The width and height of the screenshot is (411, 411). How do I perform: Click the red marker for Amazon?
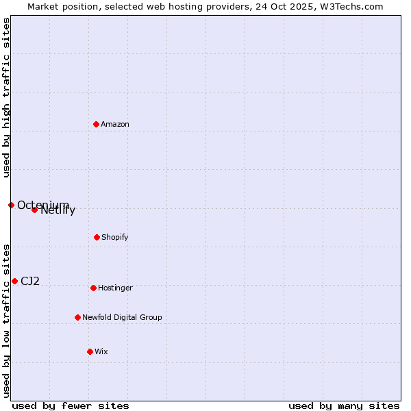tap(96, 124)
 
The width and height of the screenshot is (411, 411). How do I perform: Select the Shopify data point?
tap(97, 237)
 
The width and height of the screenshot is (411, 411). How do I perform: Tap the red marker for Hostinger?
tap(93, 288)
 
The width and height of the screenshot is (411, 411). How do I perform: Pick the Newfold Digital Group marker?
tap(77, 317)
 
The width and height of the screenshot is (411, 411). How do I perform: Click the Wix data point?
tap(90, 351)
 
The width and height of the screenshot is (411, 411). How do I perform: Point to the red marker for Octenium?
tap(11, 205)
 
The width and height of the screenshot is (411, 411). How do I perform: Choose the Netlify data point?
tap(34, 210)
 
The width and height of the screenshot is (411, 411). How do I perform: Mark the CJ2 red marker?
tap(14, 281)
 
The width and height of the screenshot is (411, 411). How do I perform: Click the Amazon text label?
tap(115, 124)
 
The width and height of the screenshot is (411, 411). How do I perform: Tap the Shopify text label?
tap(114, 237)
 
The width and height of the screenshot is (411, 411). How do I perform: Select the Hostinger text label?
tap(115, 288)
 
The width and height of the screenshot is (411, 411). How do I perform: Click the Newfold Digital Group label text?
tap(122, 317)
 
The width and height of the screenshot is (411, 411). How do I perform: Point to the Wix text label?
tap(101, 351)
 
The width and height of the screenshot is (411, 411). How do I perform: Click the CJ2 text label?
tap(30, 281)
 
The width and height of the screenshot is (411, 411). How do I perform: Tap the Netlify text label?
tap(58, 210)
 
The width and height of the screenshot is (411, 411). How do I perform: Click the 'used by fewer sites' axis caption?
tap(71, 406)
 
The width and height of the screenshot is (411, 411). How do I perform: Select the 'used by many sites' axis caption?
tap(344, 406)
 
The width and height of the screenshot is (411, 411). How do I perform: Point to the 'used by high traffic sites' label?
tap(6, 97)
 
